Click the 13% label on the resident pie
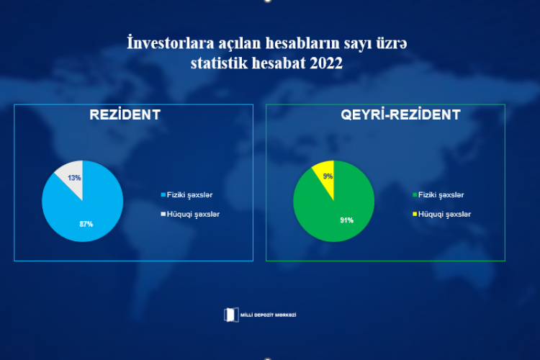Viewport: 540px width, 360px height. pos(74,178)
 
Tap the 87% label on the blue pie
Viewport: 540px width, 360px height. pos(86,224)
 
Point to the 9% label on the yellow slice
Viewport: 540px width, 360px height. pos(328,176)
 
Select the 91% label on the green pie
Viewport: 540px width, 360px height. pos(347,220)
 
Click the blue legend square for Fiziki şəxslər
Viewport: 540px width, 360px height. pos(163,194)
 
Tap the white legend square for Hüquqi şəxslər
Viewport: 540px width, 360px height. pos(163,214)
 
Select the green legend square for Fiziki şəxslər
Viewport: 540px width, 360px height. pos(415,194)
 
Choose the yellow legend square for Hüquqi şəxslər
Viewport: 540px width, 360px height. pos(415,214)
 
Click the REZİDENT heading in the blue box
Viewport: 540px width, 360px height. pos(125,114)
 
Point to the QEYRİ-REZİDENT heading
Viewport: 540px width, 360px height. pos(400,114)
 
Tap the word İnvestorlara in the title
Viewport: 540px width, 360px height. pos(171,43)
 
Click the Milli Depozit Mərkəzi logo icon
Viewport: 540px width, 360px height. pos(231,315)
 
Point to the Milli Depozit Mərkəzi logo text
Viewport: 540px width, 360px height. pos(268,315)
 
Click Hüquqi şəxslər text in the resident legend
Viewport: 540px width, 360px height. pos(193,215)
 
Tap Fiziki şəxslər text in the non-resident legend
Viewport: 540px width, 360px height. pos(441,195)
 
